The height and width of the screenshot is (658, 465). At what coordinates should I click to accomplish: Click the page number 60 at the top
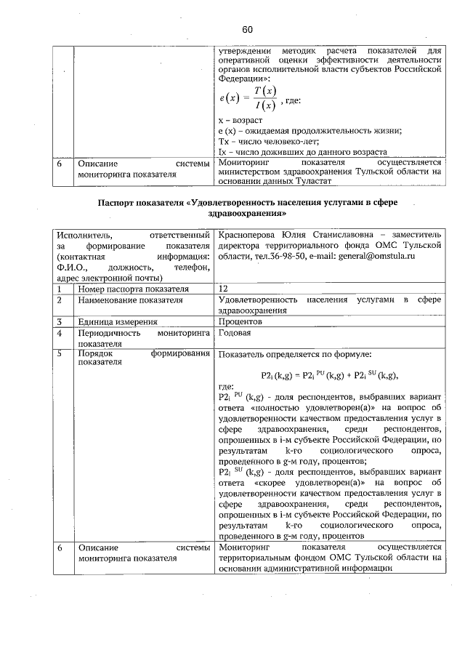pos(247,30)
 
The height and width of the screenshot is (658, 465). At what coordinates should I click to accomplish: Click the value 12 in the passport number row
pos(223,289)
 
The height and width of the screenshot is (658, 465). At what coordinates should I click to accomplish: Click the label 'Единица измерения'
pos(118,321)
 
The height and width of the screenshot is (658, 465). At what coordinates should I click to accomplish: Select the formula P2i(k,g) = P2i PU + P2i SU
pos(331,375)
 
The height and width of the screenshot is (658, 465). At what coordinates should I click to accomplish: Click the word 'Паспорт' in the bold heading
pos(118,204)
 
